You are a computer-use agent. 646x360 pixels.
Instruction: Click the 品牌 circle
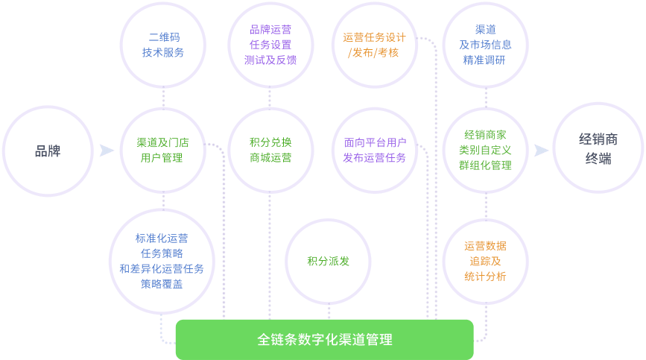pos(48,151)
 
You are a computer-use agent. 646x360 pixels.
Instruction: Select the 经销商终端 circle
pos(598,149)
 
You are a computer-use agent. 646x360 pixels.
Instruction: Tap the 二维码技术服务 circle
pos(163,45)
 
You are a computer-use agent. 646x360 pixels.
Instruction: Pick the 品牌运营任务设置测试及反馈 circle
pos(270,45)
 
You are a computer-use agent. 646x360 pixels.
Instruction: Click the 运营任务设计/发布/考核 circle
pos(375,45)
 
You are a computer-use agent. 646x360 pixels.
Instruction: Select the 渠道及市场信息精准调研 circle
pos(485,45)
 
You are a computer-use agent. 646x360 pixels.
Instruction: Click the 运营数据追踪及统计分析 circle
pos(485,261)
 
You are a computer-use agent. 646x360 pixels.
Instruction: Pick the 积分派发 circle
pos(329,261)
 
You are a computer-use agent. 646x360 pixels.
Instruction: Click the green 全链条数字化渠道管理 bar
pos(324,340)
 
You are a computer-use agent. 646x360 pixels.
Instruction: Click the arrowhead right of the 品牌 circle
pos(107,151)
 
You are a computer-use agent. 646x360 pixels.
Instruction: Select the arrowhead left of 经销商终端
pos(542,151)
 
